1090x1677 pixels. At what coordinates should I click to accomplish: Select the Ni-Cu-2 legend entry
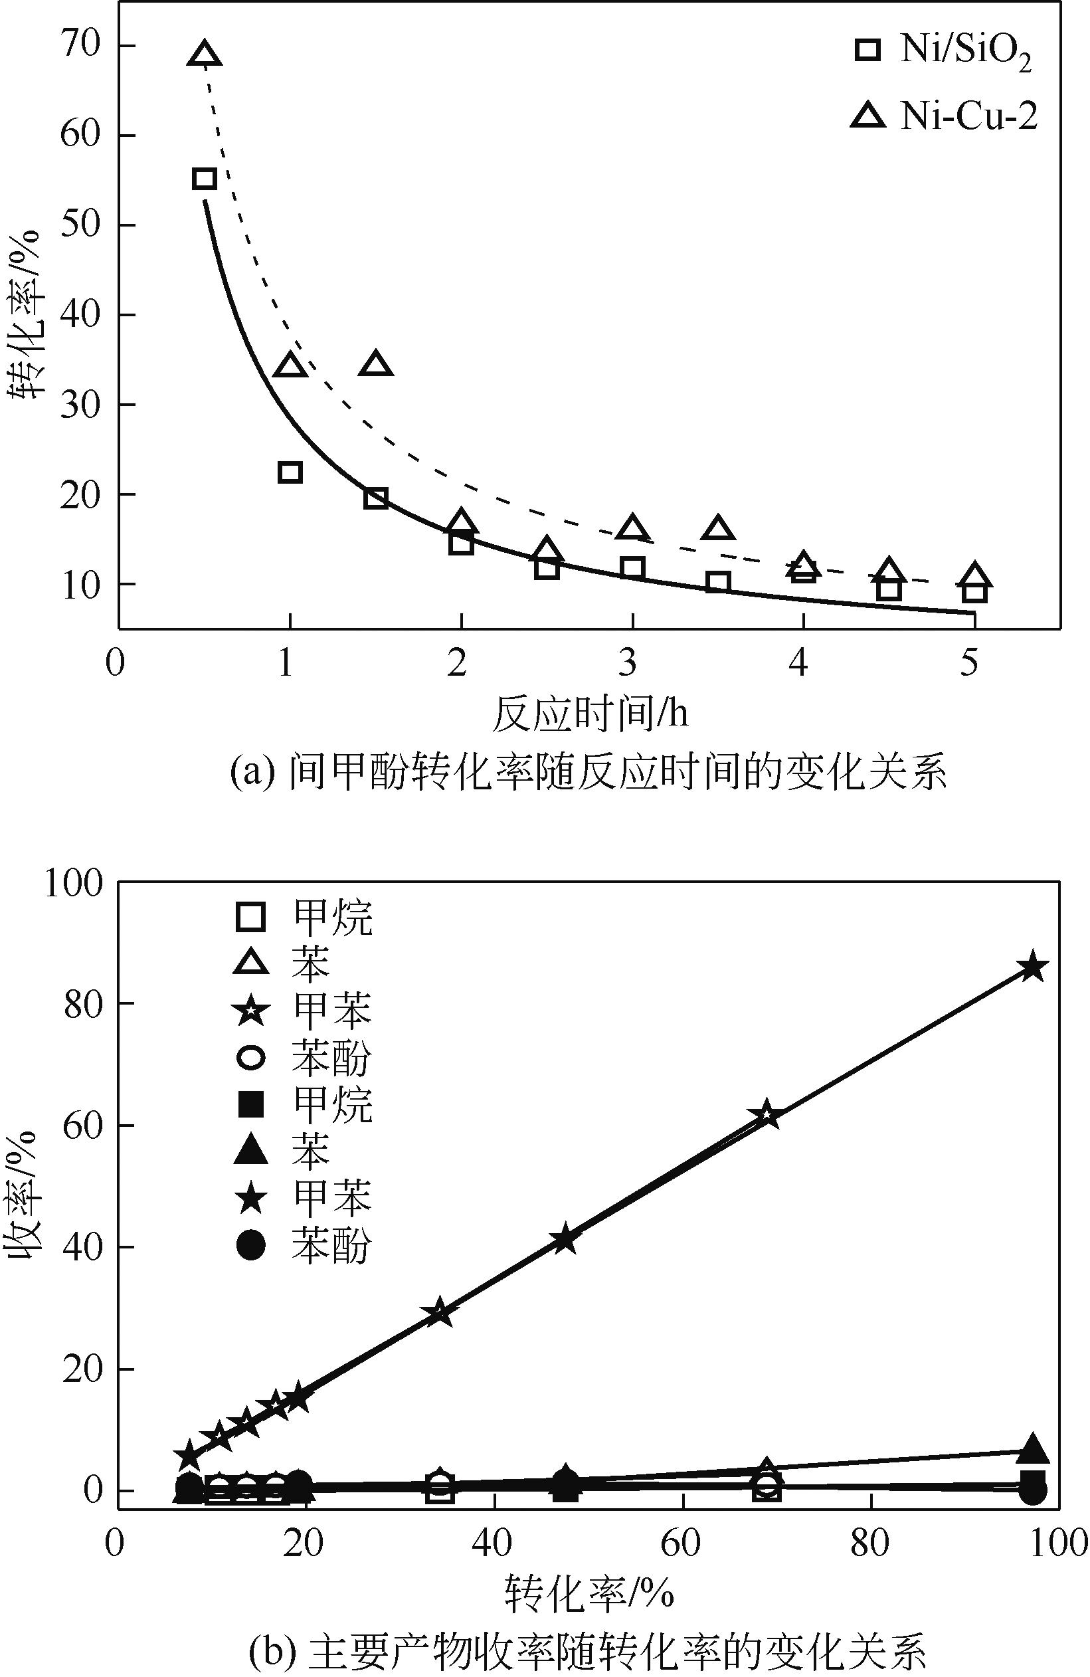(x=944, y=116)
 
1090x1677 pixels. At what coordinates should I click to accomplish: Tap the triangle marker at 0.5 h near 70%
(x=205, y=54)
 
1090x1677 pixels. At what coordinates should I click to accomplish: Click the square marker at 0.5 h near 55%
(x=204, y=178)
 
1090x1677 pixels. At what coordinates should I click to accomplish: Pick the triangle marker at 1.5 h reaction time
(x=375, y=363)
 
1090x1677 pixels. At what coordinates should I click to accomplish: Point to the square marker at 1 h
(x=290, y=472)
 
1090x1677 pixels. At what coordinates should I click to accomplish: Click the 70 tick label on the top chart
(x=80, y=45)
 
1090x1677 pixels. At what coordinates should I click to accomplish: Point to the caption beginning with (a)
(x=589, y=773)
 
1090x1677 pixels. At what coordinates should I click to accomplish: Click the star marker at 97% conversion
(x=1033, y=967)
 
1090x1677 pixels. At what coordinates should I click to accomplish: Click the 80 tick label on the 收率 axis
(x=80, y=1003)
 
